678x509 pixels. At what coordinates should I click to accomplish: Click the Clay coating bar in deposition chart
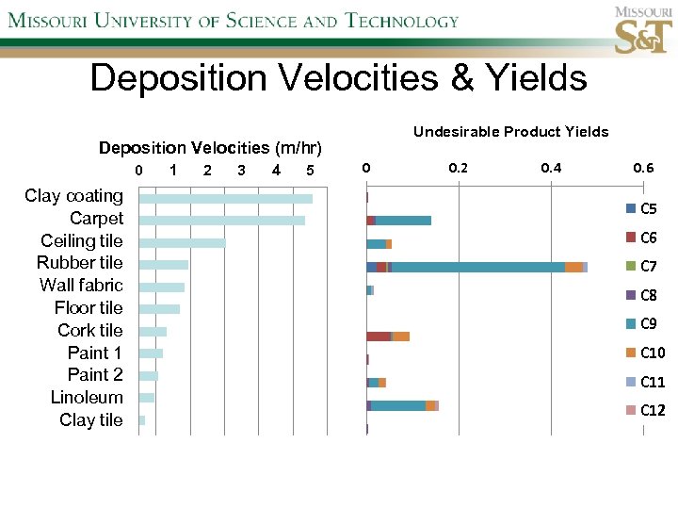(225, 198)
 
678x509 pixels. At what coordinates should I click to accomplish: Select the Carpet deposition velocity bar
(221, 221)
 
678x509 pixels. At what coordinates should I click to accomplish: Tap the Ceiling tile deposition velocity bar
(182, 243)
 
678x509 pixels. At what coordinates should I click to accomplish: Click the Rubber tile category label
(79, 263)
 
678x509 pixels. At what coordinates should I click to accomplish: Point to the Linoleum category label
(87, 398)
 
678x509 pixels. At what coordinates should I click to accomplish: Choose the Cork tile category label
(89, 331)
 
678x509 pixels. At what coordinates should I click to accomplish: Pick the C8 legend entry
(647, 296)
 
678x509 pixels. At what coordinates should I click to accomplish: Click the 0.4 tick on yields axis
(551, 169)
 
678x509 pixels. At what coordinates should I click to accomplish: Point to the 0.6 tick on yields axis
(644, 169)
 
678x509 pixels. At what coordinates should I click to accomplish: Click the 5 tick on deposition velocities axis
(310, 171)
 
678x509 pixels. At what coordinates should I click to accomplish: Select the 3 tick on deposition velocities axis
(242, 171)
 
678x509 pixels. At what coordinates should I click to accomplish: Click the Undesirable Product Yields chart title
(510, 132)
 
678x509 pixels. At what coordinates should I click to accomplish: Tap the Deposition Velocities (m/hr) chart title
(210, 148)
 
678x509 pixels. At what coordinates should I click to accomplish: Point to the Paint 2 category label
(95, 375)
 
